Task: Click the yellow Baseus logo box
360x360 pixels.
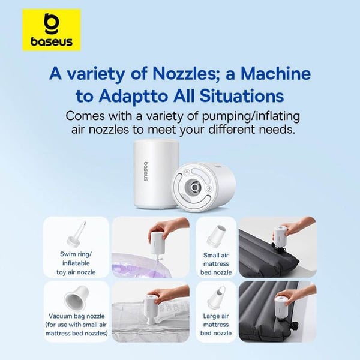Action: pyautogui.click(x=52, y=30)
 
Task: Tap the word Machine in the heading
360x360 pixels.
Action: pyautogui.click(x=275, y=73)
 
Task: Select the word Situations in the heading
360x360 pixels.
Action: pyautogui.click(x=242, y=96)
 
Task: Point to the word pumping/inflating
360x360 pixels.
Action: pyautogui.click(x=251, y=116)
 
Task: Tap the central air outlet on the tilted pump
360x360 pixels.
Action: pyautogui.click(x=194, y=187)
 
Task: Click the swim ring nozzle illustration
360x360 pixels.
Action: pyautogui.click(x=76, y=233)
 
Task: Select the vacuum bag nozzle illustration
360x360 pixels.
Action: pyautogui.click(x=76, y=297)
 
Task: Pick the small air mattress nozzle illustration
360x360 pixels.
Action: pyautogui.click(x=216, y=236)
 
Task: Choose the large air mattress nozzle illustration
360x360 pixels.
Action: pyautogui.click(x=216, y=298)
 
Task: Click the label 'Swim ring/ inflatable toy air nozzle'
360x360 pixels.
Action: pyautogui.click(x=76, y=263)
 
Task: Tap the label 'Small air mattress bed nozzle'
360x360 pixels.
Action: pyautogui.click(x=216, y=264)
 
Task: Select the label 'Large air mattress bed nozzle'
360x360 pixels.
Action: pyautogui.click(x=216, y=325)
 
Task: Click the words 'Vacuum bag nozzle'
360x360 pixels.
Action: pyautogui.click(x=76, y=316)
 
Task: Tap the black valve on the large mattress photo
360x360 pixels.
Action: pyautogui.click(x=293, y=326)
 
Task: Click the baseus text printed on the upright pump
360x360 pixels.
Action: pyautogui.click(x=146, y=172)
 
